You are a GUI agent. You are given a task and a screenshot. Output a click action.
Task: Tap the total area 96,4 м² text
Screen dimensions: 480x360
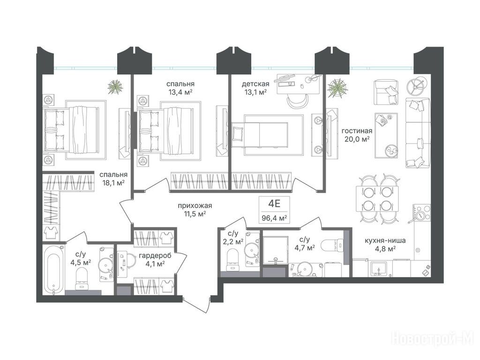click(274, 218)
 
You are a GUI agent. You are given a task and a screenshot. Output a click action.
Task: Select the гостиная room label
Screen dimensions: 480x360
click(357, 131)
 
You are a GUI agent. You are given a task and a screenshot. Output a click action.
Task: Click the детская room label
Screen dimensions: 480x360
click(255, 84)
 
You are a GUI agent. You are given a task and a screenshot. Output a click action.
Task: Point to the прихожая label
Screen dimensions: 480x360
click(195, 206)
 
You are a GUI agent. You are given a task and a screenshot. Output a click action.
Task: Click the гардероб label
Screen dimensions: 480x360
click(155, 255)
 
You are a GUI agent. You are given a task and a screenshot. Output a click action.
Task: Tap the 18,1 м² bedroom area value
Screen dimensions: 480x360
click(113, 183)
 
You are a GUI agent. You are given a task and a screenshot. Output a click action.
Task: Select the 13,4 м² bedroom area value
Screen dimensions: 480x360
click(180, 91)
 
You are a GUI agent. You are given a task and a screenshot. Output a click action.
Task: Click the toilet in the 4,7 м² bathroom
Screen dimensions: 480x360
click(332, 245)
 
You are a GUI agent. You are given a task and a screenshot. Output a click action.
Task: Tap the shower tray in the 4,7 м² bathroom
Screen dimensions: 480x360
click(276, 250)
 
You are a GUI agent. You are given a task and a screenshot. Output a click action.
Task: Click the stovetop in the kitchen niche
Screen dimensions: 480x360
click(422, 212)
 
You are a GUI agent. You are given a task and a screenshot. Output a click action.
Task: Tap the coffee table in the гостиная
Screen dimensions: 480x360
click(386, 135)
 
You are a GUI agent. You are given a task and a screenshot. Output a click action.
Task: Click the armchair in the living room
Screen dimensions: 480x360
click(385, 91)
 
